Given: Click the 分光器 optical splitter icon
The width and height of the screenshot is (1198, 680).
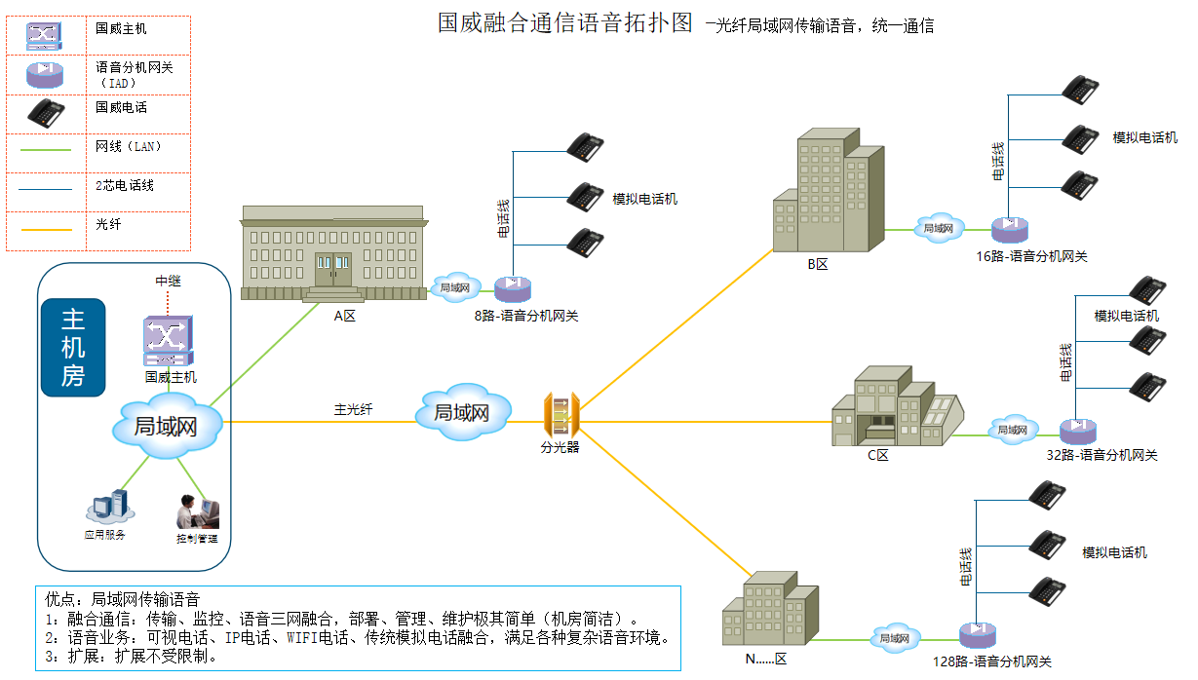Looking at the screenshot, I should (x=561, y=416).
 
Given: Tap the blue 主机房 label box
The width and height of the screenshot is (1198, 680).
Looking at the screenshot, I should (x=73, y=348).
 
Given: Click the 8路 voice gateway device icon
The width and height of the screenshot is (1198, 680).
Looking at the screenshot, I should (x=511, y=289).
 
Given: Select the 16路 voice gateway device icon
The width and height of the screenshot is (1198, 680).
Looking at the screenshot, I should (x=1010, y=230).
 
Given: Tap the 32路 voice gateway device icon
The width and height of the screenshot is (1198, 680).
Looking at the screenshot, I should (x=1077, y=430).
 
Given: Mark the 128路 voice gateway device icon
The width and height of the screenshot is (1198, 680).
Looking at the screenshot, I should (x=977, y=636).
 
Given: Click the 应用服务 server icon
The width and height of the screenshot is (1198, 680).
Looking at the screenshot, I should (x=107, y=507).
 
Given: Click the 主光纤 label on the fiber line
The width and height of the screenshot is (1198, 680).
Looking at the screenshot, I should (x=353, y=409).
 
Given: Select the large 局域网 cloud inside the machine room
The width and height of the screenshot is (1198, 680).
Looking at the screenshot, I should (x=168, y=426).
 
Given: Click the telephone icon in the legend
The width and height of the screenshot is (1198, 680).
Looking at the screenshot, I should (x=46, y=111).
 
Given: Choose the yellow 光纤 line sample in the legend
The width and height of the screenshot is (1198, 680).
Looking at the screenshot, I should (x=40, y=230).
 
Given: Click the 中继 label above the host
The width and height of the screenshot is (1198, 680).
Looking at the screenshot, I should (x=169, y=281).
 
